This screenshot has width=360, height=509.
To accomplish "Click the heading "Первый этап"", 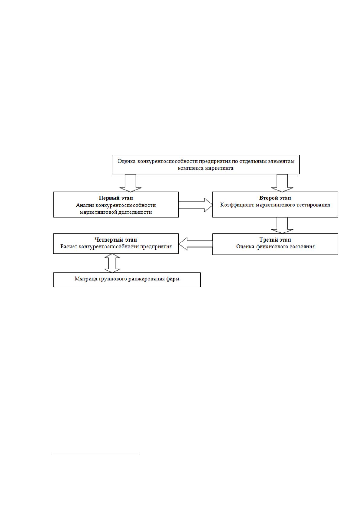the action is (116, 198).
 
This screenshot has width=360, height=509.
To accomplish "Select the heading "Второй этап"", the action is (275, 198).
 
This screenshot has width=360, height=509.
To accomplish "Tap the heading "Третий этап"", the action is (275, 239).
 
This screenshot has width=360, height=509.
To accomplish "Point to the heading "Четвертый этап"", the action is (116, 239).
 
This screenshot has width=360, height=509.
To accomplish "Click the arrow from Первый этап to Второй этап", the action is (196, 205).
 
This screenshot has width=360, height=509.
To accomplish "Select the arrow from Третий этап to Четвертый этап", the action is (196, 244).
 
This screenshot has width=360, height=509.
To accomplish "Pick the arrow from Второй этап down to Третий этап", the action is (282, 225).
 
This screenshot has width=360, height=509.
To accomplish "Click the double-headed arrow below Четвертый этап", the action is (112, 263).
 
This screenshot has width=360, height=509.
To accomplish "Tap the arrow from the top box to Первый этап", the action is (131, 183).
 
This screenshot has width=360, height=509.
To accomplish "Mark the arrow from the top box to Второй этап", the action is (282, 183).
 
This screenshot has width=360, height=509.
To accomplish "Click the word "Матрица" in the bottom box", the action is (86, 279).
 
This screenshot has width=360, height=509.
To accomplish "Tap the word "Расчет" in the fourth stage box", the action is (68, 247).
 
